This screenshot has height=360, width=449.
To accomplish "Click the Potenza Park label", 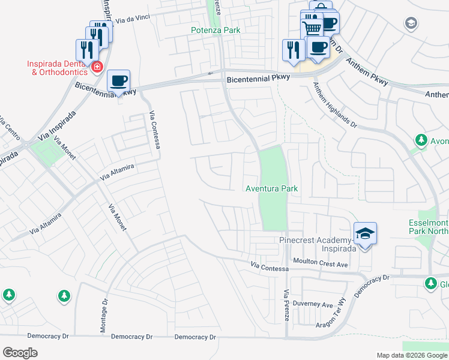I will (215, 30).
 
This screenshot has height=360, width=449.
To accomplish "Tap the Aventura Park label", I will (271, 188).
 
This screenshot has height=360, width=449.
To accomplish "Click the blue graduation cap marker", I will (365, 233).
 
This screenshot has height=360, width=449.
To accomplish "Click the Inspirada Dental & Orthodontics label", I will (58, 68).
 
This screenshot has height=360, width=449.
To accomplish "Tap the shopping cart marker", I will (312, 29).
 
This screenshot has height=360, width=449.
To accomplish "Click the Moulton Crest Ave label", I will (321, 263).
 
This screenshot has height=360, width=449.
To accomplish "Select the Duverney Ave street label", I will (316, 305).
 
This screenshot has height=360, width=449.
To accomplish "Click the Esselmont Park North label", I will (428, 226).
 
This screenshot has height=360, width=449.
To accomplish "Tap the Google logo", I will (20, 353).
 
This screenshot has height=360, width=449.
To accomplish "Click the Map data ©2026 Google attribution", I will (411, 355).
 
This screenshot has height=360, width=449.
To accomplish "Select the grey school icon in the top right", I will (411, 23).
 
